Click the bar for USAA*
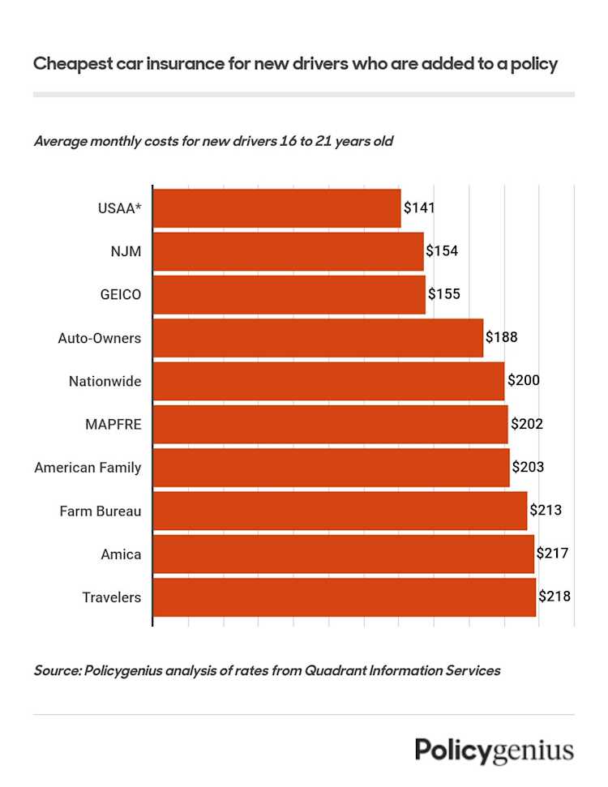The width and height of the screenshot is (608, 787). [276, 208]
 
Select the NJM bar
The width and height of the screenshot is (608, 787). [288, 251]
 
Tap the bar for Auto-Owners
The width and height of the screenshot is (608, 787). [318, 338]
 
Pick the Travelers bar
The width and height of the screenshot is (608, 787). [345, 597]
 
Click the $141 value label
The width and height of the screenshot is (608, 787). [420, 208]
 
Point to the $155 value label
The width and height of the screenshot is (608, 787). [444, 294]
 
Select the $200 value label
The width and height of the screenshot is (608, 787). [524, 381]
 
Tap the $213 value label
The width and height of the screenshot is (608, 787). [546, 511]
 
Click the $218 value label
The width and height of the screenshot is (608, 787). [554, 597]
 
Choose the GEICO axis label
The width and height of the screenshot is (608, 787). [120, 294]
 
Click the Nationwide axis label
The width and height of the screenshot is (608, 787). [105, 381]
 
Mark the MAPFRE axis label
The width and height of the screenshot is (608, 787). [113, 424]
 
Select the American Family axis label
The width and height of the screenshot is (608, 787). [88, 468]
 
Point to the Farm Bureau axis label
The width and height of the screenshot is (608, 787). [101, 511]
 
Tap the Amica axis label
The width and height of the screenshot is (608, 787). [122, 554]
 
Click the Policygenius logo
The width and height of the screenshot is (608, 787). [495, 750]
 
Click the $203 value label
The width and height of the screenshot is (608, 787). [528, 468]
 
